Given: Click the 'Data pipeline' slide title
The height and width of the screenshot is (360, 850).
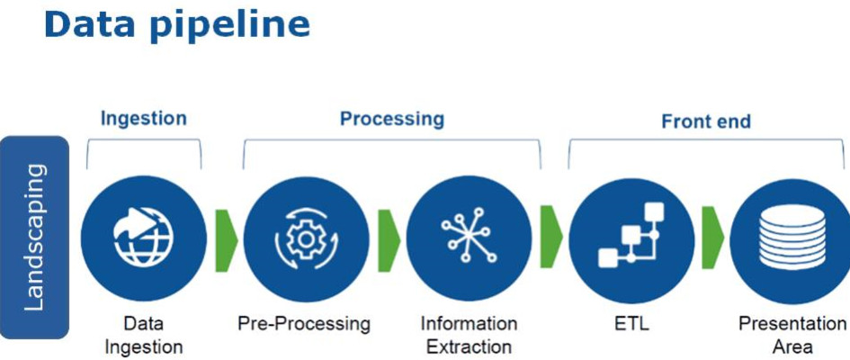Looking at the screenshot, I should pos(176,25).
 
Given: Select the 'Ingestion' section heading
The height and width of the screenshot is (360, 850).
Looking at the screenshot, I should pos(144,118).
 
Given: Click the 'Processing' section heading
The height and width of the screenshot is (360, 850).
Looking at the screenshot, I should pos(391,118).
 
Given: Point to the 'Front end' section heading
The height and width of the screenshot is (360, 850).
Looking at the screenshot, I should pos(706,121).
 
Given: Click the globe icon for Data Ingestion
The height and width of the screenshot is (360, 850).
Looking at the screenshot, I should pos(144,238).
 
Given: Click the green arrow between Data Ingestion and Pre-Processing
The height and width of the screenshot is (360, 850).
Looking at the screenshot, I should pos(226,238).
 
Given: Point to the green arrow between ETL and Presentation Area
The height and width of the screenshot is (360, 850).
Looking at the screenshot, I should pos(712,238).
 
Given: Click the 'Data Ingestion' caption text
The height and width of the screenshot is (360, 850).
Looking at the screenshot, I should pos(144,334).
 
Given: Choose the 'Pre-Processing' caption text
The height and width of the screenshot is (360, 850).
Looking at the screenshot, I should pos(304,323).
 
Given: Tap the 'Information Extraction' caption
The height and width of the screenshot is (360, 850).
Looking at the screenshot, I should pos(469,334).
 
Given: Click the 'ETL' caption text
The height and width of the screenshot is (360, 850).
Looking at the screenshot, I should pos(631,323).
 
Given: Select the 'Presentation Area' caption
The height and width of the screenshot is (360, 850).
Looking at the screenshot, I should pos(792,334).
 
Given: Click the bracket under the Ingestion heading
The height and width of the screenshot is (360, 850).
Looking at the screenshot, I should pos(144,144).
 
